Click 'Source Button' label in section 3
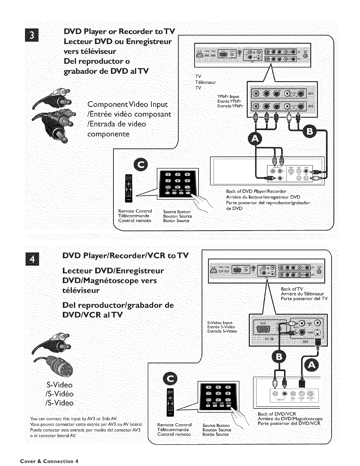(x=177, y=212)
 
